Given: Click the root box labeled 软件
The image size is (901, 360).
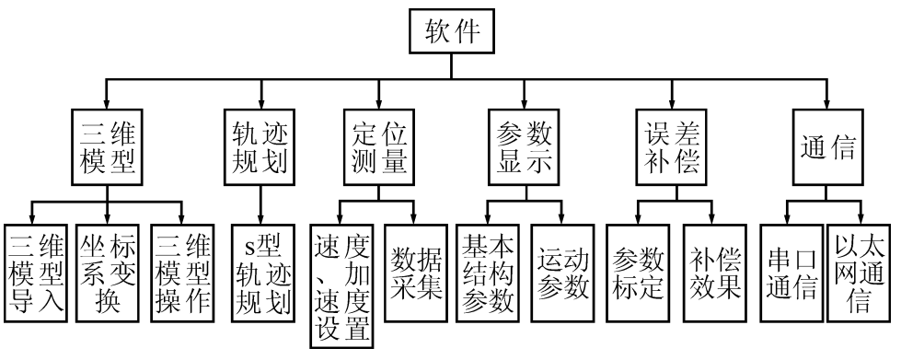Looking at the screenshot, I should click(451, 31).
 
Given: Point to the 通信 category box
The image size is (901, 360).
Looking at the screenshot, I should click(825, 147).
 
